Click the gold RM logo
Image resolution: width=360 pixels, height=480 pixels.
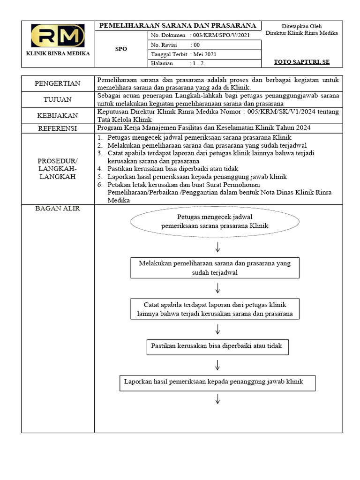click(x=58, y=36)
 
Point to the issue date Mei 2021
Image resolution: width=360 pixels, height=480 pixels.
click(x=205, y=54)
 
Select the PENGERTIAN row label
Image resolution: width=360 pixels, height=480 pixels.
click(x=58, y=83)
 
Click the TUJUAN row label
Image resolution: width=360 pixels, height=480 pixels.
click(x=58, y=99)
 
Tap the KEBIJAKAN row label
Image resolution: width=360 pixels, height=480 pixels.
click(x=58, y=115)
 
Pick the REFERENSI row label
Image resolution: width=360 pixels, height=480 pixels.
click(x=58, y=128)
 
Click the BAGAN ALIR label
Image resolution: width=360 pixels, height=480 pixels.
click(x=58, y=209)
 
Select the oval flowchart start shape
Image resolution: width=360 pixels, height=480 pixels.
click(x=215, y=221)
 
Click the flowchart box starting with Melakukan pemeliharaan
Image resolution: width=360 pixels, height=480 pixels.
click(x=215, y=268)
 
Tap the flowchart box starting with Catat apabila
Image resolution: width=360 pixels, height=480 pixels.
click(x=215, y=309)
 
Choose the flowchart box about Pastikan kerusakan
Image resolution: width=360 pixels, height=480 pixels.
click(x=217, y=346)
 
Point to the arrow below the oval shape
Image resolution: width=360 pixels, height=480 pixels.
click(x=218, y=247)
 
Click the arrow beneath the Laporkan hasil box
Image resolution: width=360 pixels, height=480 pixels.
click(x=218, y=399)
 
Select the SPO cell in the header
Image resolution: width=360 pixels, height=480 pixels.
click(x=121, y=49)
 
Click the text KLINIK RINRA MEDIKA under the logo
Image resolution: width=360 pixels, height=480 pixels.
click(x=58, y=53)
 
